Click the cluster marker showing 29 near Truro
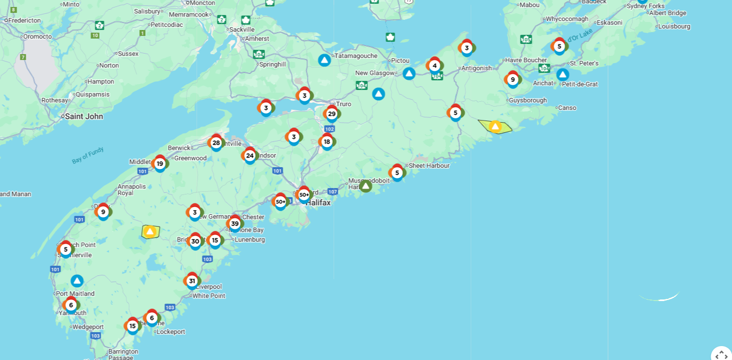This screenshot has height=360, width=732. pos(331,114)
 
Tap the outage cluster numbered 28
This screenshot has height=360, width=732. pos(216,142)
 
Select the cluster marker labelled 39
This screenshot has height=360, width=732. pos(235,223)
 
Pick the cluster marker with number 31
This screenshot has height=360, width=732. pos(192,281)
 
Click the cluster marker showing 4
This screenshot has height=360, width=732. pos(434,66)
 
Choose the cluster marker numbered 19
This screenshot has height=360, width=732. pos(160,163)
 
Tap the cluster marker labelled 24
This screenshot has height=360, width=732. pos(250,155)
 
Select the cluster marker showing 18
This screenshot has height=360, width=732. pos(327,141)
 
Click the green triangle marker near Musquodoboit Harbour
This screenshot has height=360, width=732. pos(366,186)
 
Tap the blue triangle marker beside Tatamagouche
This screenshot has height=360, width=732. pos(324,60)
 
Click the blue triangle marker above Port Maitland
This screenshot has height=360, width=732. pos(77,281)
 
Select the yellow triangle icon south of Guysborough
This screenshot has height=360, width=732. pos(495,126)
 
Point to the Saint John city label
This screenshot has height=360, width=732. pos(84,116)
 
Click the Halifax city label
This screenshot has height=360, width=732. pos(318,202)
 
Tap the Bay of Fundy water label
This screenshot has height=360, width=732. pos(88,155)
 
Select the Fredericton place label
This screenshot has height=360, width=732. pos(25,20)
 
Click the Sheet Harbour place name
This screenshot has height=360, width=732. pos(429,166)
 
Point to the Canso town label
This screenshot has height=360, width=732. pos(567,108)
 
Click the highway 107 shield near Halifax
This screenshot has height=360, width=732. pos(333,191)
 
